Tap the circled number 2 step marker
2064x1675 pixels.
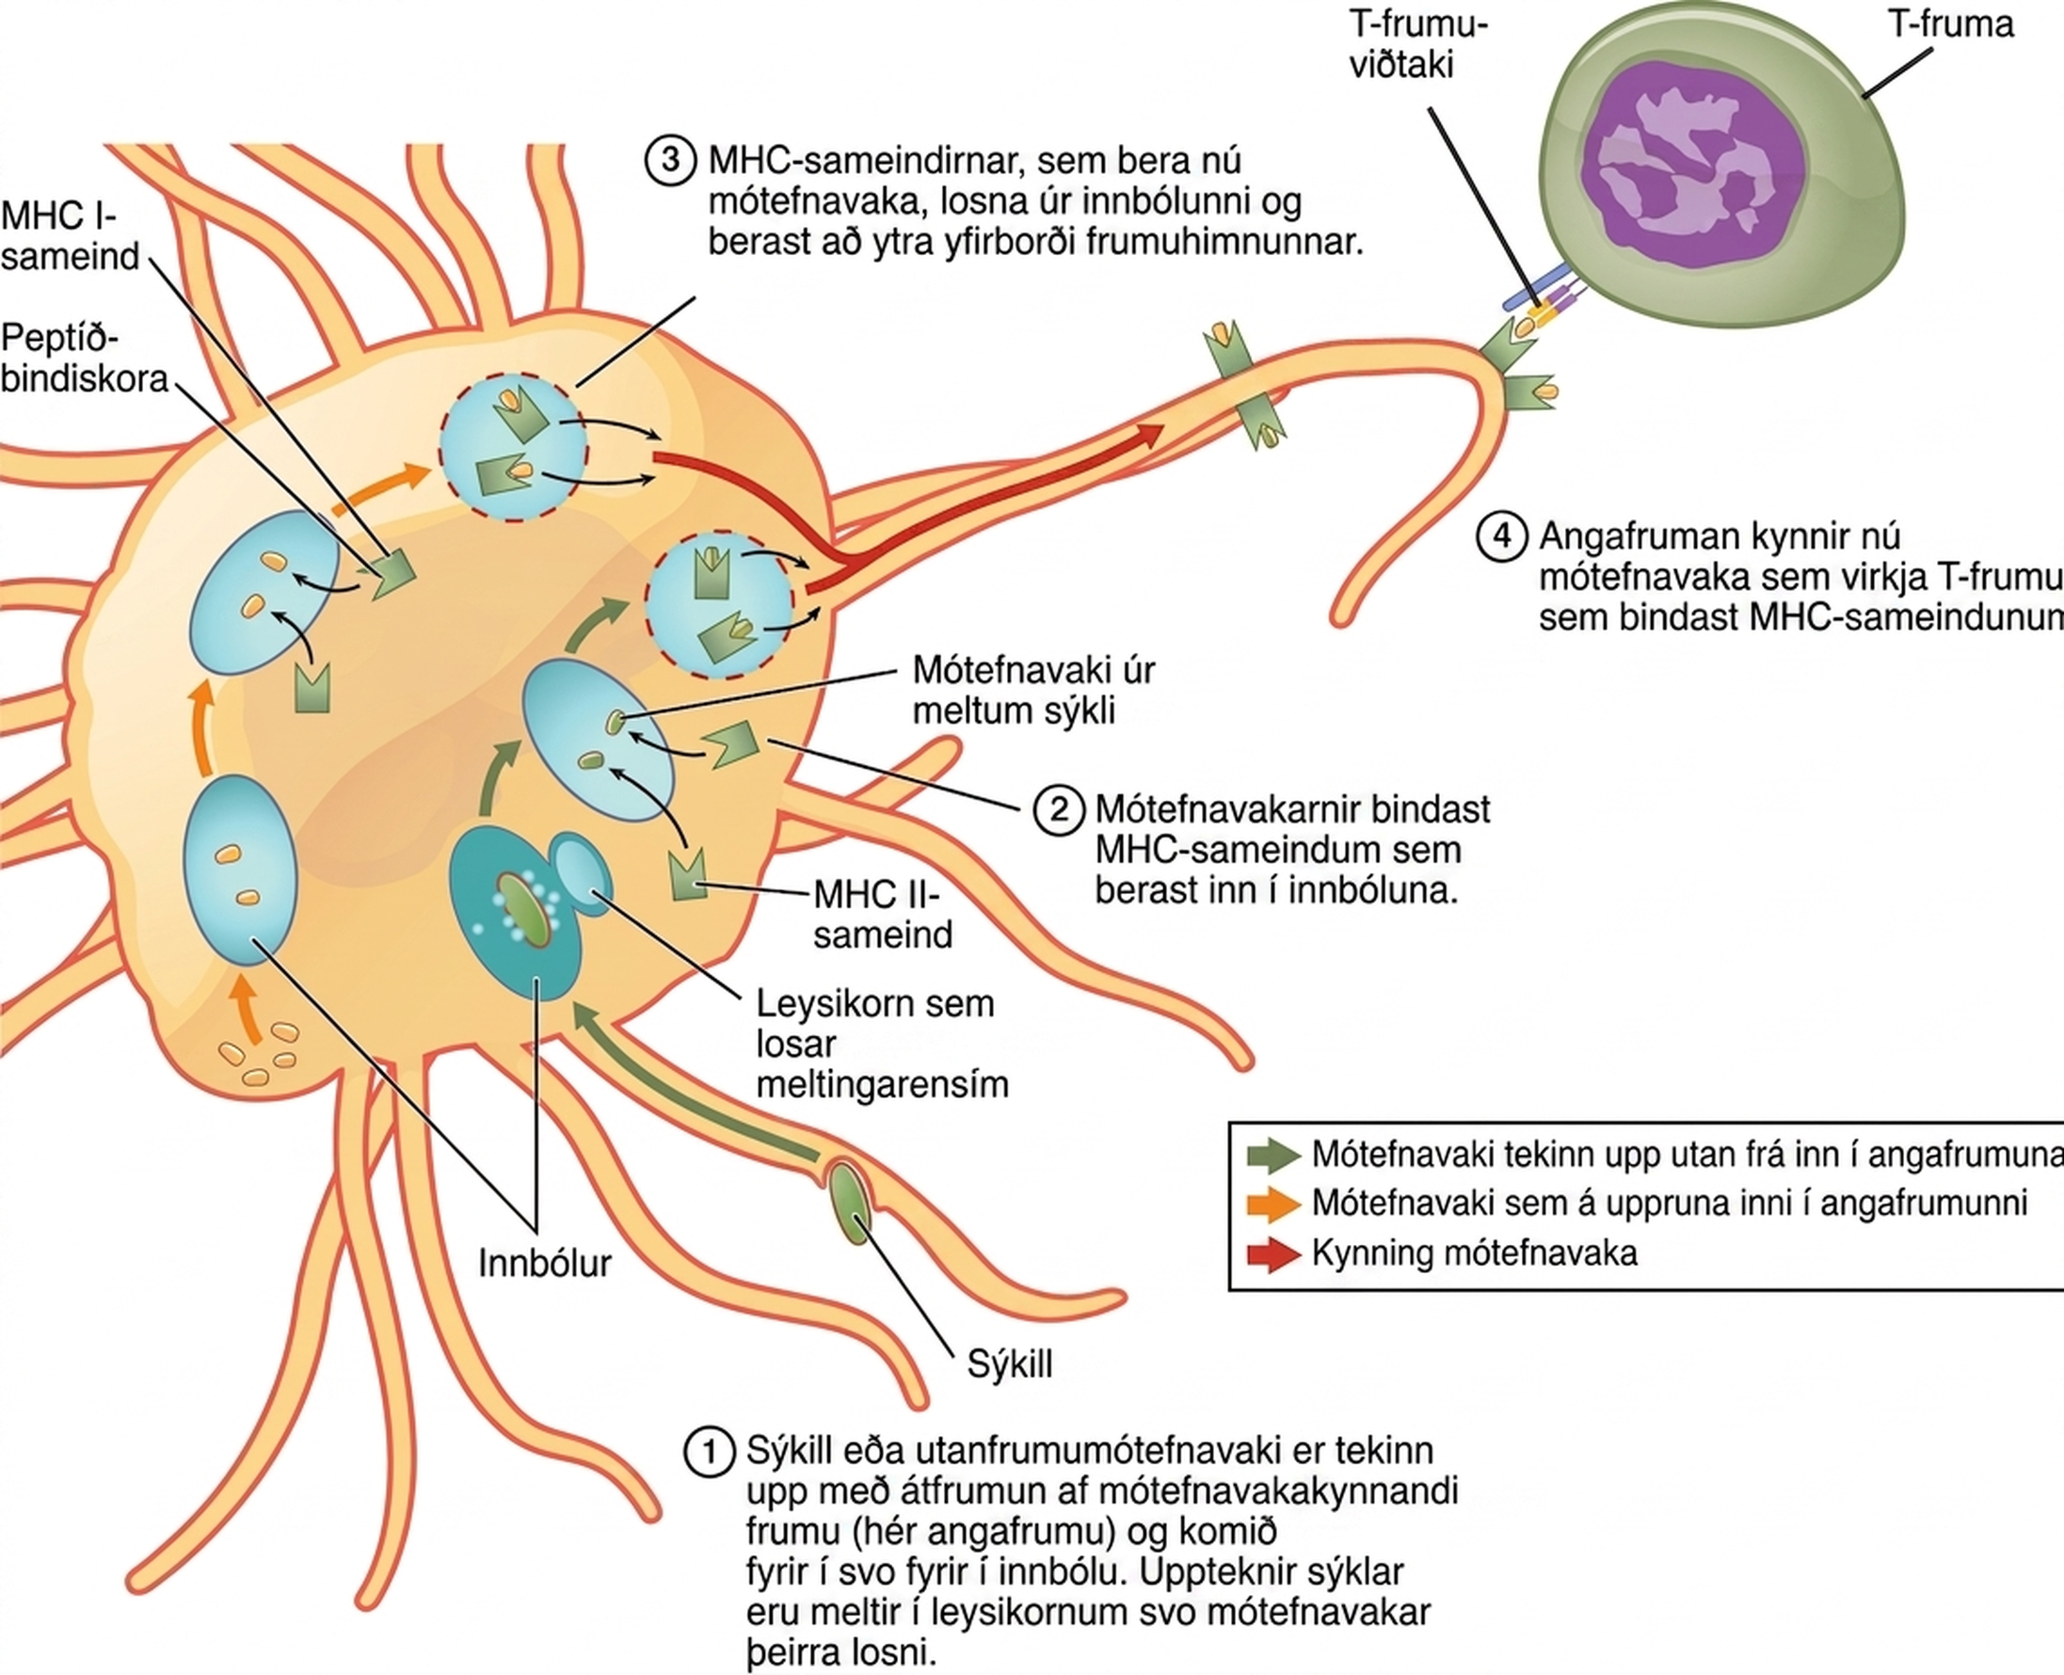click(1059, 808)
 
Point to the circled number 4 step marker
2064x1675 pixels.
click(1502, 535)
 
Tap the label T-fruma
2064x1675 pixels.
click(1950, 24)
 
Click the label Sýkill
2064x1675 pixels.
click(1009, 1364)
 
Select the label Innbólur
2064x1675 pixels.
click(545, 1263)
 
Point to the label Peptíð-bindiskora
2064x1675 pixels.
click(85, 358)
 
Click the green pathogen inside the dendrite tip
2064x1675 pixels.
click(848, 1203)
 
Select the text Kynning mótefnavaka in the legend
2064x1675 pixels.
click(1475, 1253)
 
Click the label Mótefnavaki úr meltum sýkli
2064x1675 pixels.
click(1033, 690)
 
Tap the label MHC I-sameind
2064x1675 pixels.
click(71, 235)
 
